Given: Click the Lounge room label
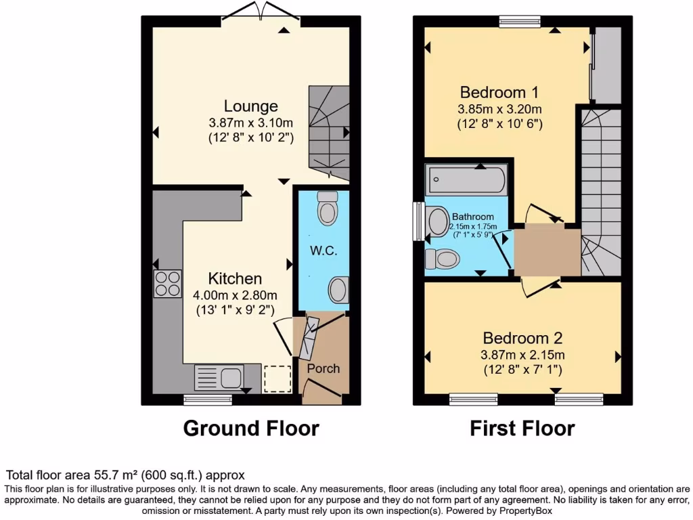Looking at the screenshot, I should [251, 106].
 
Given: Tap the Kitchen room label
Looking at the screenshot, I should [235, 278].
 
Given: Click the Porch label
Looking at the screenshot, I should [323, 368].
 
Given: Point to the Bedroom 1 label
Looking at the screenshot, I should [499, 92].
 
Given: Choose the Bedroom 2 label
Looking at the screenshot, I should [523, 338].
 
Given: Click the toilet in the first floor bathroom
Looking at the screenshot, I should [443, 258].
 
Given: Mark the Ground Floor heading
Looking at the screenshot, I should [251, 428].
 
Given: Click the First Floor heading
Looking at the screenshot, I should [523, 428].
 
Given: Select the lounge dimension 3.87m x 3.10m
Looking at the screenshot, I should [251, 123].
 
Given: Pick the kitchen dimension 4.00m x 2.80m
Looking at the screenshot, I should [236, 295].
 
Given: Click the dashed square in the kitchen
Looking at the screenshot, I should [277, 378].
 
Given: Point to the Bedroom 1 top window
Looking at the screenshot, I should [520, 20].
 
